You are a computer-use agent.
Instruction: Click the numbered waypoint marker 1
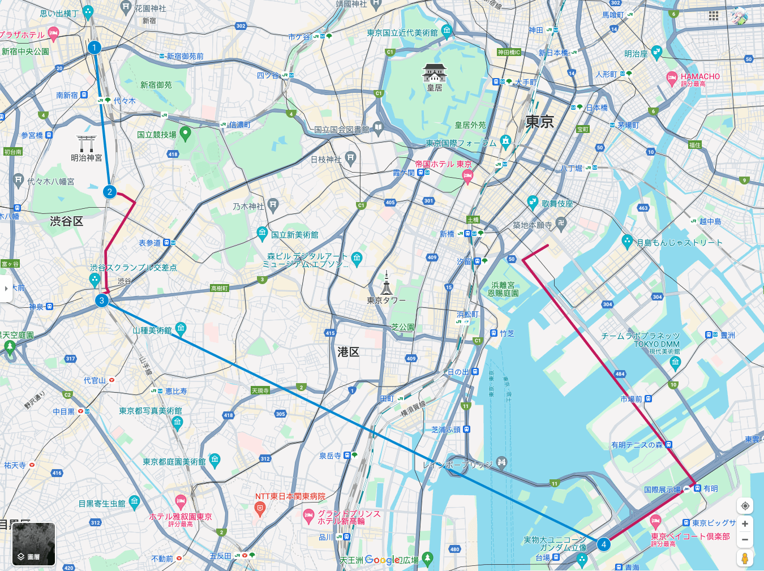coord(95,48)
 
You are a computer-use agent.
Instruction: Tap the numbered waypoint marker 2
coord(110,192)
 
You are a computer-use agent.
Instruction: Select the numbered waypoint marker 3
coord(102,300)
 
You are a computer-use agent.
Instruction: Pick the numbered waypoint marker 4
coord(604,544)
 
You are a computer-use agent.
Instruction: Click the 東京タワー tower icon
coord(387,282)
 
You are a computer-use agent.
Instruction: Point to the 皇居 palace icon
coord(435,73)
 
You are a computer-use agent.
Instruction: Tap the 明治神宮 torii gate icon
coord(87,143)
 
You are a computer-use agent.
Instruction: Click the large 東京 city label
coord(539,122)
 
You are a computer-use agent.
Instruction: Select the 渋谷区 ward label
coord(67,221)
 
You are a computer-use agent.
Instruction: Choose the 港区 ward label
coord(349,352)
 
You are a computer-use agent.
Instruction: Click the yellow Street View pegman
coord(745,559)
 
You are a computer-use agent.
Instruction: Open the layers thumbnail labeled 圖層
coord(34,544)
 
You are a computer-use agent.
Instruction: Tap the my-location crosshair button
coord(745,505)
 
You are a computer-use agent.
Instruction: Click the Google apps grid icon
coord(714,16)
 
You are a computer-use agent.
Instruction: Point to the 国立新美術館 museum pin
coord(262,232)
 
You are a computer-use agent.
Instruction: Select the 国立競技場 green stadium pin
coord(185,134)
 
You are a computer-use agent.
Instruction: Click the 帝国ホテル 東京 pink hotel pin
coord(467,177)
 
